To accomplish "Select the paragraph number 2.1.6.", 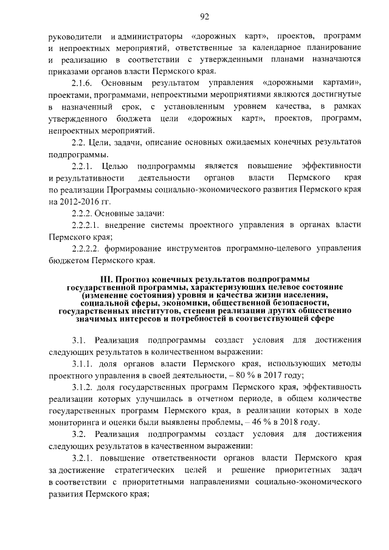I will point(83,83).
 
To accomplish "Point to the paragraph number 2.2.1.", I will point(83,166).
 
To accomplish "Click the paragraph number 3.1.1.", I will point(83,363).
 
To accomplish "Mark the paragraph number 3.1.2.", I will point(83,387).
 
